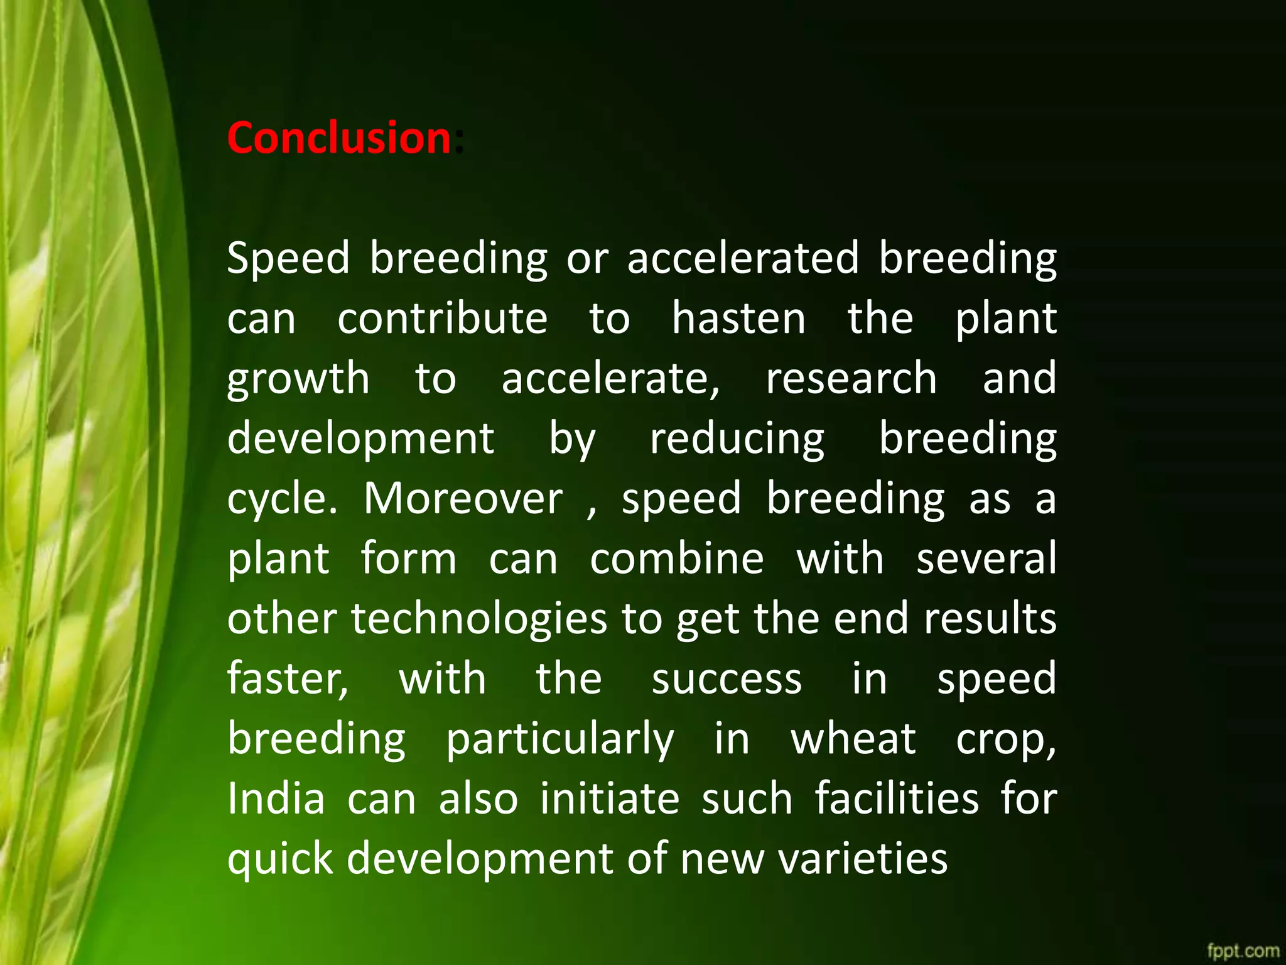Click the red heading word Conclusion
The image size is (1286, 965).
339,138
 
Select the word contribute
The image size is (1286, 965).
442,318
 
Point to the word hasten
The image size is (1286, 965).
738,318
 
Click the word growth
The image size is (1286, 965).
298,379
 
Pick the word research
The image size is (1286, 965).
851,378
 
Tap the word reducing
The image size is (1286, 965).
737,439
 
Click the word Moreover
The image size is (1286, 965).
463,499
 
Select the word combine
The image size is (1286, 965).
676,559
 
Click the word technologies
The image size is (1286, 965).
479,619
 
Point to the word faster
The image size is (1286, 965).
288,679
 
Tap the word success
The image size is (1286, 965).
727,679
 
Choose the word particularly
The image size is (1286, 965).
559,739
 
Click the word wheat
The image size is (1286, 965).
853,739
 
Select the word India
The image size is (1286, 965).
276,799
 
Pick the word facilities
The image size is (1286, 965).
897,799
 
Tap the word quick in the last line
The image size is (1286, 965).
280,859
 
